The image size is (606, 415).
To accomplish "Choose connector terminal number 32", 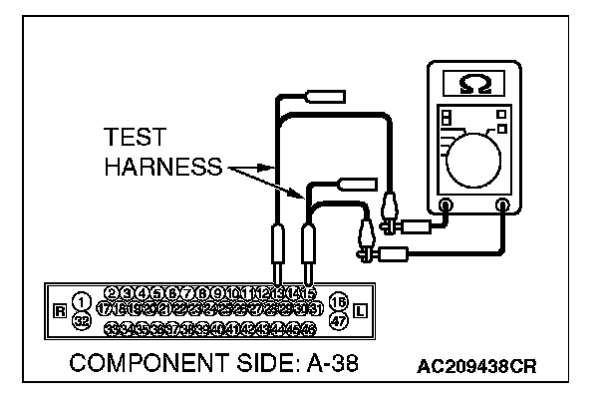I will pyautogui.click(x=82, y=320).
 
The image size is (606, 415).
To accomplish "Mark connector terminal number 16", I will pyautogui.click(x=338, y=300).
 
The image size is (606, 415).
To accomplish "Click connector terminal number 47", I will pyautogui.click(x=338, y=320).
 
